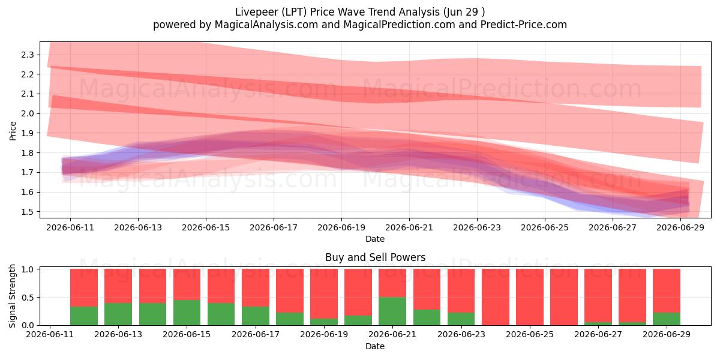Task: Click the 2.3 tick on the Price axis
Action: [28, 55]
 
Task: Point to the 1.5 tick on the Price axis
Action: [28, 212]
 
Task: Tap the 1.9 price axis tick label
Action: [28, 133]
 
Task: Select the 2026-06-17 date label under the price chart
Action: [274, 228]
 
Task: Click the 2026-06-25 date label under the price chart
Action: [545, 228]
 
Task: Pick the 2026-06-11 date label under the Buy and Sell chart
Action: [50, 335]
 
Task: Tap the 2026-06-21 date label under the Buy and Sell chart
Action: [392, 335]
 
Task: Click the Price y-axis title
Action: [13, 131]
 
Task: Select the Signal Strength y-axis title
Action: [12, 296]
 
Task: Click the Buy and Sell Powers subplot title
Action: [375, 257]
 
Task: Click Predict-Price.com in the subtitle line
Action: [524, 25]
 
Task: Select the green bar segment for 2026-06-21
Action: [392, 311]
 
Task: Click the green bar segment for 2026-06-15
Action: [187, 313]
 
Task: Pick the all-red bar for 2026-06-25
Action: [530, 298]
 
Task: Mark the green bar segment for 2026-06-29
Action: [667, 319]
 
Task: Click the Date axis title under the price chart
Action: [375, 239]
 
